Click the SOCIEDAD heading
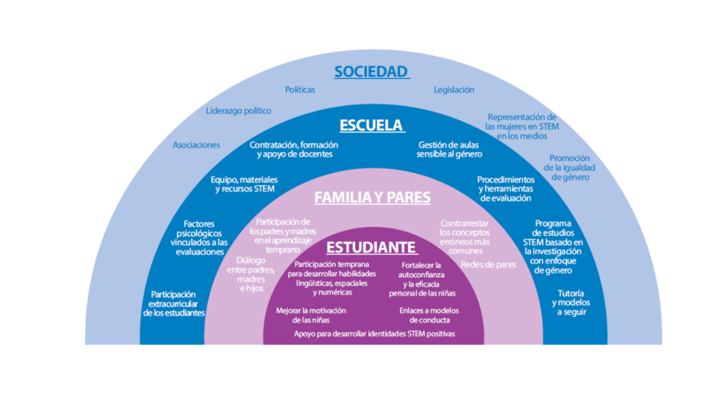[372, 72]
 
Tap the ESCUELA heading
[371, 125]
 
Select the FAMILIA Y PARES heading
[372, 198]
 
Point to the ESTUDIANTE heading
[371, 247]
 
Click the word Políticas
[300, 89]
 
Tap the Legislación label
[454, 89]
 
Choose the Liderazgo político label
[239, 111]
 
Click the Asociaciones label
[197, 145]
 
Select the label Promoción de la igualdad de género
[569, 168]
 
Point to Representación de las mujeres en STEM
[522, 126]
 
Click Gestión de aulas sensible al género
[449, 150]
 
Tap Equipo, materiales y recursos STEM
[244, 185]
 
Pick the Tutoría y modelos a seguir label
[571, 303]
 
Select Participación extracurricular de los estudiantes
[174, 304]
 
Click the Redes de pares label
[489, 264]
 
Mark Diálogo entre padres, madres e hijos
[251, 274]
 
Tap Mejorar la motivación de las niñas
[311, 315]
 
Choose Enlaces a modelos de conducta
[429, 315]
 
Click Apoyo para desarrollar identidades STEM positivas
[374, 334]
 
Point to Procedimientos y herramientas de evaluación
[506, 189]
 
